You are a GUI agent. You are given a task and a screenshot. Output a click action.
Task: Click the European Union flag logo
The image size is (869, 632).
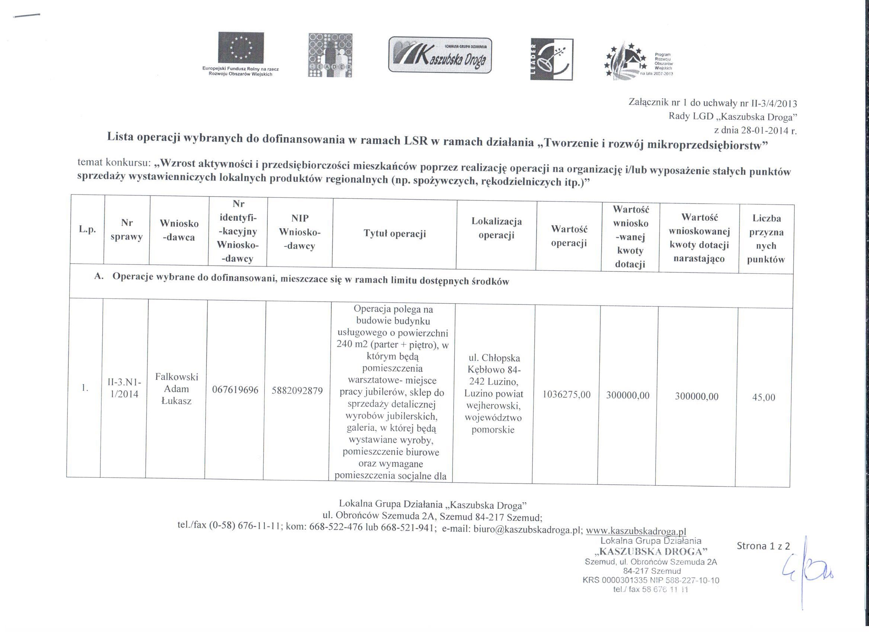[x=241, y=48]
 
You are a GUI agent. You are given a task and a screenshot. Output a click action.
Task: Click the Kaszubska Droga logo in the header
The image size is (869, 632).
[x=440, y=55]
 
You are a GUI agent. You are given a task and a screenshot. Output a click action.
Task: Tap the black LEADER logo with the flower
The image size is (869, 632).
[x=552, y=59]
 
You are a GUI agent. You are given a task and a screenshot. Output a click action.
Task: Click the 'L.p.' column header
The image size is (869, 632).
[x=87, y=229]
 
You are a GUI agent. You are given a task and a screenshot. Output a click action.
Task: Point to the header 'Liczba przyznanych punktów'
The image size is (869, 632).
[x=766, y=239]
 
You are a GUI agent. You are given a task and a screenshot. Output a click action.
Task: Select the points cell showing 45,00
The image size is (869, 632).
[x=764, y=397]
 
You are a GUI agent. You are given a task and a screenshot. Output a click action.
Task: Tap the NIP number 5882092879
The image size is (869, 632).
[x=297, y=390]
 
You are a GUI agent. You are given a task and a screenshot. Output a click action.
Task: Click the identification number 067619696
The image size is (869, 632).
[x=235, y=390]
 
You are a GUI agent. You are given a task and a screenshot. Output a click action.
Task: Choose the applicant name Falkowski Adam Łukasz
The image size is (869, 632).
[x=177, y=389]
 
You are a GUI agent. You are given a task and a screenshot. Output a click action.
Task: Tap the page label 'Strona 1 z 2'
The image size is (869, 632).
[x=763, y=546]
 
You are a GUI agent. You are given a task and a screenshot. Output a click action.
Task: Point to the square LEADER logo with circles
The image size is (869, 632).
[x=330, y=55]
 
